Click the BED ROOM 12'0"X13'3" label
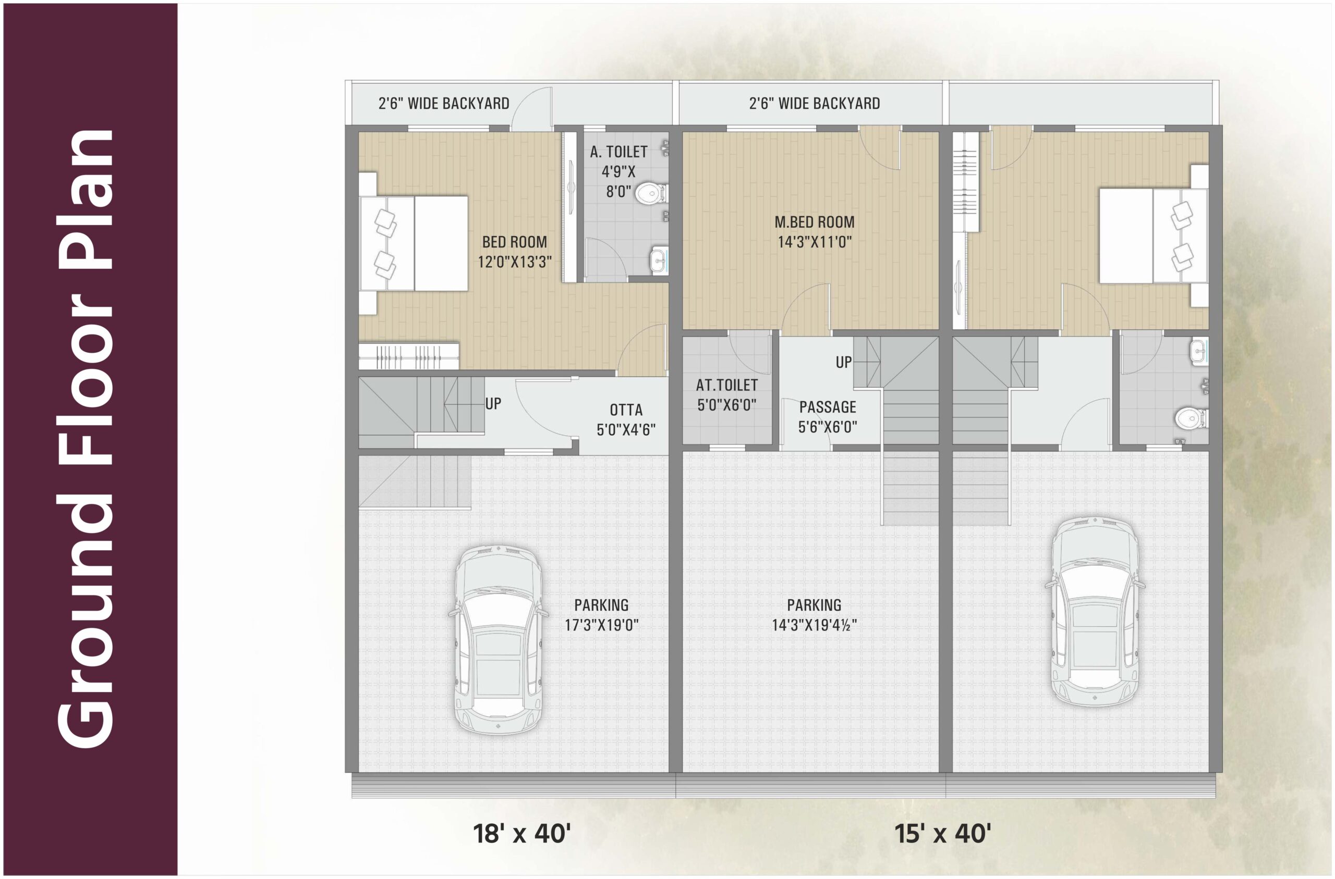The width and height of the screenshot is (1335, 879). point(514,252)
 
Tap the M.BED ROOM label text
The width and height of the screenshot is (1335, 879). point(815,222)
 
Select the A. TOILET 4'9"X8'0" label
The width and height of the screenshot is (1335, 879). point(618,171)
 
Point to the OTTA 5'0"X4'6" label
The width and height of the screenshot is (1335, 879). point(625,420)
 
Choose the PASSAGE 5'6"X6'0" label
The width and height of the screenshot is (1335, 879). point(828,417)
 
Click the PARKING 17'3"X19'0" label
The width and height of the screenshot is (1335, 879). point(601,615)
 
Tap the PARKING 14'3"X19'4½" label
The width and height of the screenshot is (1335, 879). point(814,615)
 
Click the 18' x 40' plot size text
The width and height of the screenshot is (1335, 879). point(521,834)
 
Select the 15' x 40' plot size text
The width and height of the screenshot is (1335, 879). point(942,834)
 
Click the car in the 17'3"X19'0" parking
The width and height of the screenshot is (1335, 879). point(497,639)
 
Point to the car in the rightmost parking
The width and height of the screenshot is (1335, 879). point(1095,611)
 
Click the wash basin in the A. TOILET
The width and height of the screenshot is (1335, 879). point(659,260)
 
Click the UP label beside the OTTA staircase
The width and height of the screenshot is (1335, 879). point(493,404)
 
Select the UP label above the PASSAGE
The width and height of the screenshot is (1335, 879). point(844,363)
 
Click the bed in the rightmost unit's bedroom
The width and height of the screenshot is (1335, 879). point(1153,236)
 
